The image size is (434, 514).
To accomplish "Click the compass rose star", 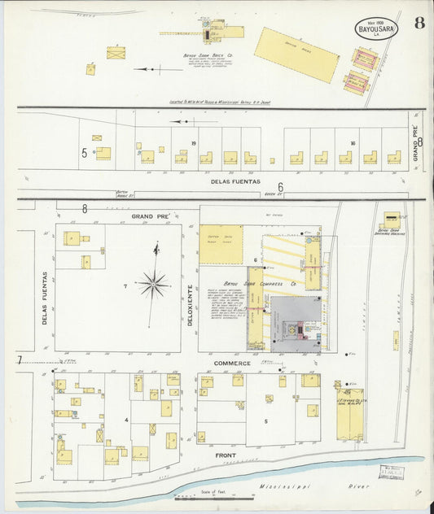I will pos(152,284).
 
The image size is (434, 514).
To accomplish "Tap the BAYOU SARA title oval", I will pos(376,29).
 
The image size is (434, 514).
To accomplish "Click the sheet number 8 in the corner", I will pos(419,23).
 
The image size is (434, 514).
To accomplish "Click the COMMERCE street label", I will pos(232,363).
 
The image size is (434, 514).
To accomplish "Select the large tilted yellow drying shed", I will pos(296,54).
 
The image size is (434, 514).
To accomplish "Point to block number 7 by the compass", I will pos(125,286).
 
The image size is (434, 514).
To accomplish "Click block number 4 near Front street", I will pos(126,420).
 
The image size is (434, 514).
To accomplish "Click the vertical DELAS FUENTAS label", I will pos(45,298).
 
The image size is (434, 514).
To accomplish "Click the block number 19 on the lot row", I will pos(193,143).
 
